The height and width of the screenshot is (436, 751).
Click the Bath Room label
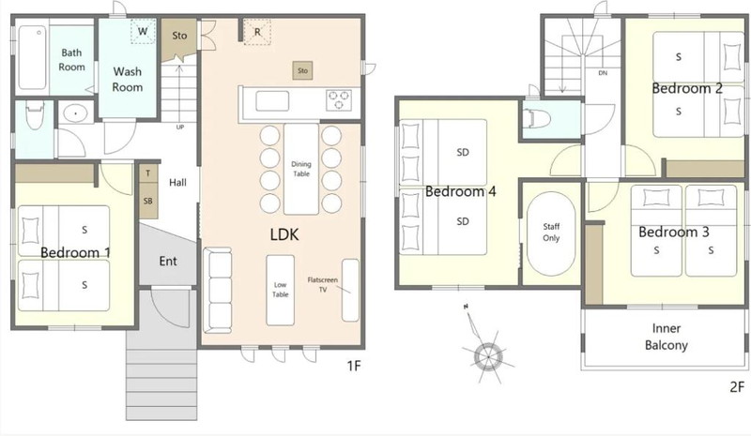point(72,60)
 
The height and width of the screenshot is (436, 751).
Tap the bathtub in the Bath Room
point(33,57)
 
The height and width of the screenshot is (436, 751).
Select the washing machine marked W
point(143,31)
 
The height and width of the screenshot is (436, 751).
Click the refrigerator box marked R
point(257,32)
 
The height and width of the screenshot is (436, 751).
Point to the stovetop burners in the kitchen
point(339,100)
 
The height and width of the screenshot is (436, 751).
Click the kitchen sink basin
point(272,101)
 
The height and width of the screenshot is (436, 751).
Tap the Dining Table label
point(301,169)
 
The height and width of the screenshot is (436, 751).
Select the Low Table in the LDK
point(280,290)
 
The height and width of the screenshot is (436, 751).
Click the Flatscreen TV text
point(322,284)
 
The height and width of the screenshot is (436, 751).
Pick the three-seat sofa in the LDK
point(218,290)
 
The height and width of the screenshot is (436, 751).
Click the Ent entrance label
point(168,261)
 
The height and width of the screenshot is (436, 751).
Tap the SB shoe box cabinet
point(148,201)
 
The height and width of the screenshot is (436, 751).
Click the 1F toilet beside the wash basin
point(34,114)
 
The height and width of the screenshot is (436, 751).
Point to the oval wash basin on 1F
point(76,113)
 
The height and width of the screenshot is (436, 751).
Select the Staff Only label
point(551,233)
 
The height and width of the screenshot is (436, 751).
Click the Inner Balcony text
point(667,337)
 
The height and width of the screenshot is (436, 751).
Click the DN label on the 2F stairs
point(603,73)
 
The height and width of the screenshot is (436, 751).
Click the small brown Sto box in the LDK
point(302,70)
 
